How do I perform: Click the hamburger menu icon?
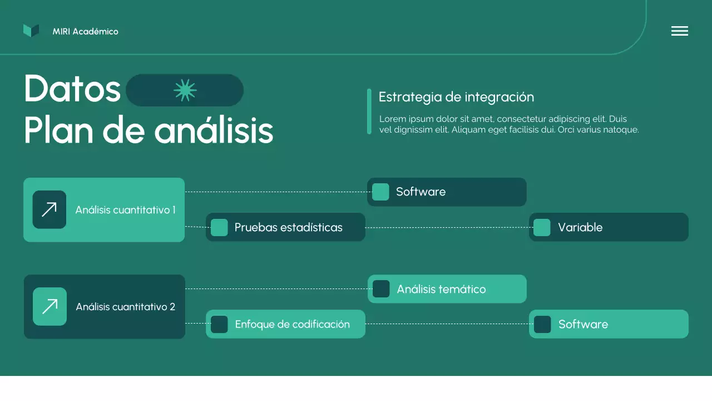click(x=679, y=31)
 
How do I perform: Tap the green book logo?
click(x=31, y=31)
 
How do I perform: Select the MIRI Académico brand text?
click(x=85, y=32)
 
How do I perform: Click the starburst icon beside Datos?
click(x=185, y=90)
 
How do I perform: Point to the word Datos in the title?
click(x=72, y=89)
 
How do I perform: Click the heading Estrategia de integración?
click(x=456, y=97)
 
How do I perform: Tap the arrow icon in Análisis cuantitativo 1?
click(x=50, y=209)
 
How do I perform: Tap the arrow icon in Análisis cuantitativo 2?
click(x=50, y=306)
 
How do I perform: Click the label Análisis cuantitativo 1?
click(x=125, y=210)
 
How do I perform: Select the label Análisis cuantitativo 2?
click(x=125, y=307)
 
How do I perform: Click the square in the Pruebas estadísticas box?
click(x=219, y=227)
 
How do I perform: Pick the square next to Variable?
click(x=542, y=227)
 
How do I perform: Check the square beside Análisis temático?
click(x=381, y=289)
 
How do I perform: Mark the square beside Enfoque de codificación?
click(x=219, y=324)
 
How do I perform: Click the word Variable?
click(x=580, y=227)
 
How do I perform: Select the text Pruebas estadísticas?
click(x=288, y=227)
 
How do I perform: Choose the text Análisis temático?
click(x=441, y=289)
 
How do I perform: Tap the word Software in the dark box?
click(x=421, y=192)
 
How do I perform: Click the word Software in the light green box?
click(x=583, y=324)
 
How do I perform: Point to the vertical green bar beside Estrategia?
click(x=369, y=111)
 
